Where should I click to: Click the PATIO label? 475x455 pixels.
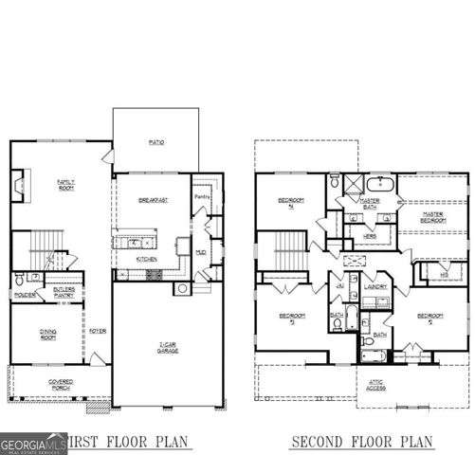point(156,142)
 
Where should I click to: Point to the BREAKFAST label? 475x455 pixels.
point(153,200)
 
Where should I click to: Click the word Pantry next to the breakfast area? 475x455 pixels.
point(201,196)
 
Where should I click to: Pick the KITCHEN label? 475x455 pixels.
point(147,259)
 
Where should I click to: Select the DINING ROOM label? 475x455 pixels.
point(46,335)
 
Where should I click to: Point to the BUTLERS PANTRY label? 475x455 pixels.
point(64,293)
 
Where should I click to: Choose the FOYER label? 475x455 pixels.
point(98,331)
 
